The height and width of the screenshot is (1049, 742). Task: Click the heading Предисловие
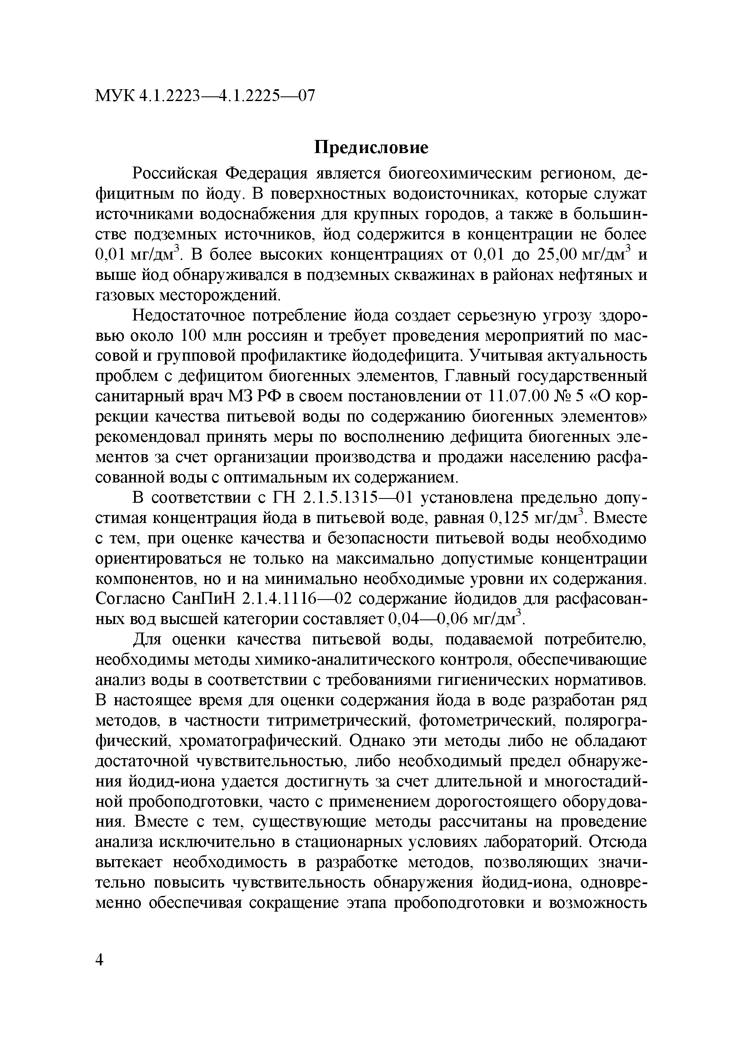click(371, 148)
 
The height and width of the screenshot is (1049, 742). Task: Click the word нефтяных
click(589, 275)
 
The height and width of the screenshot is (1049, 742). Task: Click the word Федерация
click(266, 174)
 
